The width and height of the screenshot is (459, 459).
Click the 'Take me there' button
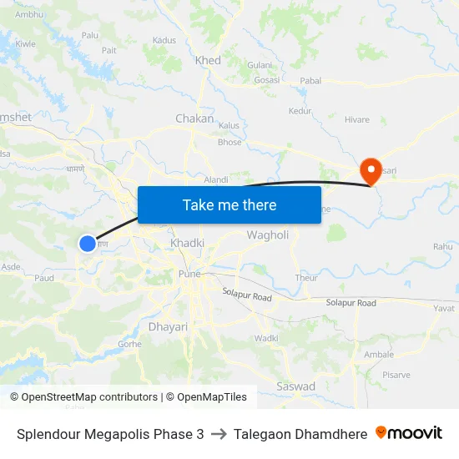pyautogui.click(x=229, y=204)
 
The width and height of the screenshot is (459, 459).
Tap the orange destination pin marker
pyautogui.click(x=371, y=170)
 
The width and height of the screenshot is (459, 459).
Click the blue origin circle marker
pyautogui.click(x=88, y=243)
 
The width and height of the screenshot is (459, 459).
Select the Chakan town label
pyautogui.click(x=194, y=119)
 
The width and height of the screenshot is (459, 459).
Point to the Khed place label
pyautogui.click(x=208, y=60)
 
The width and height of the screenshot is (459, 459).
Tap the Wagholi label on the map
pyautogui.click(x=267, y=235)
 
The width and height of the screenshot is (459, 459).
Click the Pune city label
pyautogui.click(x=189, y=274)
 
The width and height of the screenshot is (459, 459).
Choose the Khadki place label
pyautogui.click(x=187, y=243)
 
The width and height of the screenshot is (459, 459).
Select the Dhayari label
pyautogui.click(x=168, y=327)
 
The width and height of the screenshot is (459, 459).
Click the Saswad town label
pyautogui.click(x=296, y=386)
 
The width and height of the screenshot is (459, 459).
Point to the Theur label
pyautogui.click(x=306, y=278)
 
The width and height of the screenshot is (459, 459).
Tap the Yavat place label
pyautogui.click(x=444, y=308)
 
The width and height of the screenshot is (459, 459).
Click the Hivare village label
pyautogui.click(x=357, y=119)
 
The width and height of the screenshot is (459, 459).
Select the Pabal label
pyautogui.click(x=310, y=81)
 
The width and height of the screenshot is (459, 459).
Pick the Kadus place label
pyautogui.click(x=164, y=40)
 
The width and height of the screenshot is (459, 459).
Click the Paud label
pyautogui.click(x=44, y=278)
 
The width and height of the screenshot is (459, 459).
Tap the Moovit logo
pyautogui.click(x=409, y=433)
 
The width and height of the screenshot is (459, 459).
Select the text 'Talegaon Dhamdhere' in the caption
pyautogui.click(x=300, y=434)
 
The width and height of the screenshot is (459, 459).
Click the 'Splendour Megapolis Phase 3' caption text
pyautogui.click(x=109, y=434)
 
